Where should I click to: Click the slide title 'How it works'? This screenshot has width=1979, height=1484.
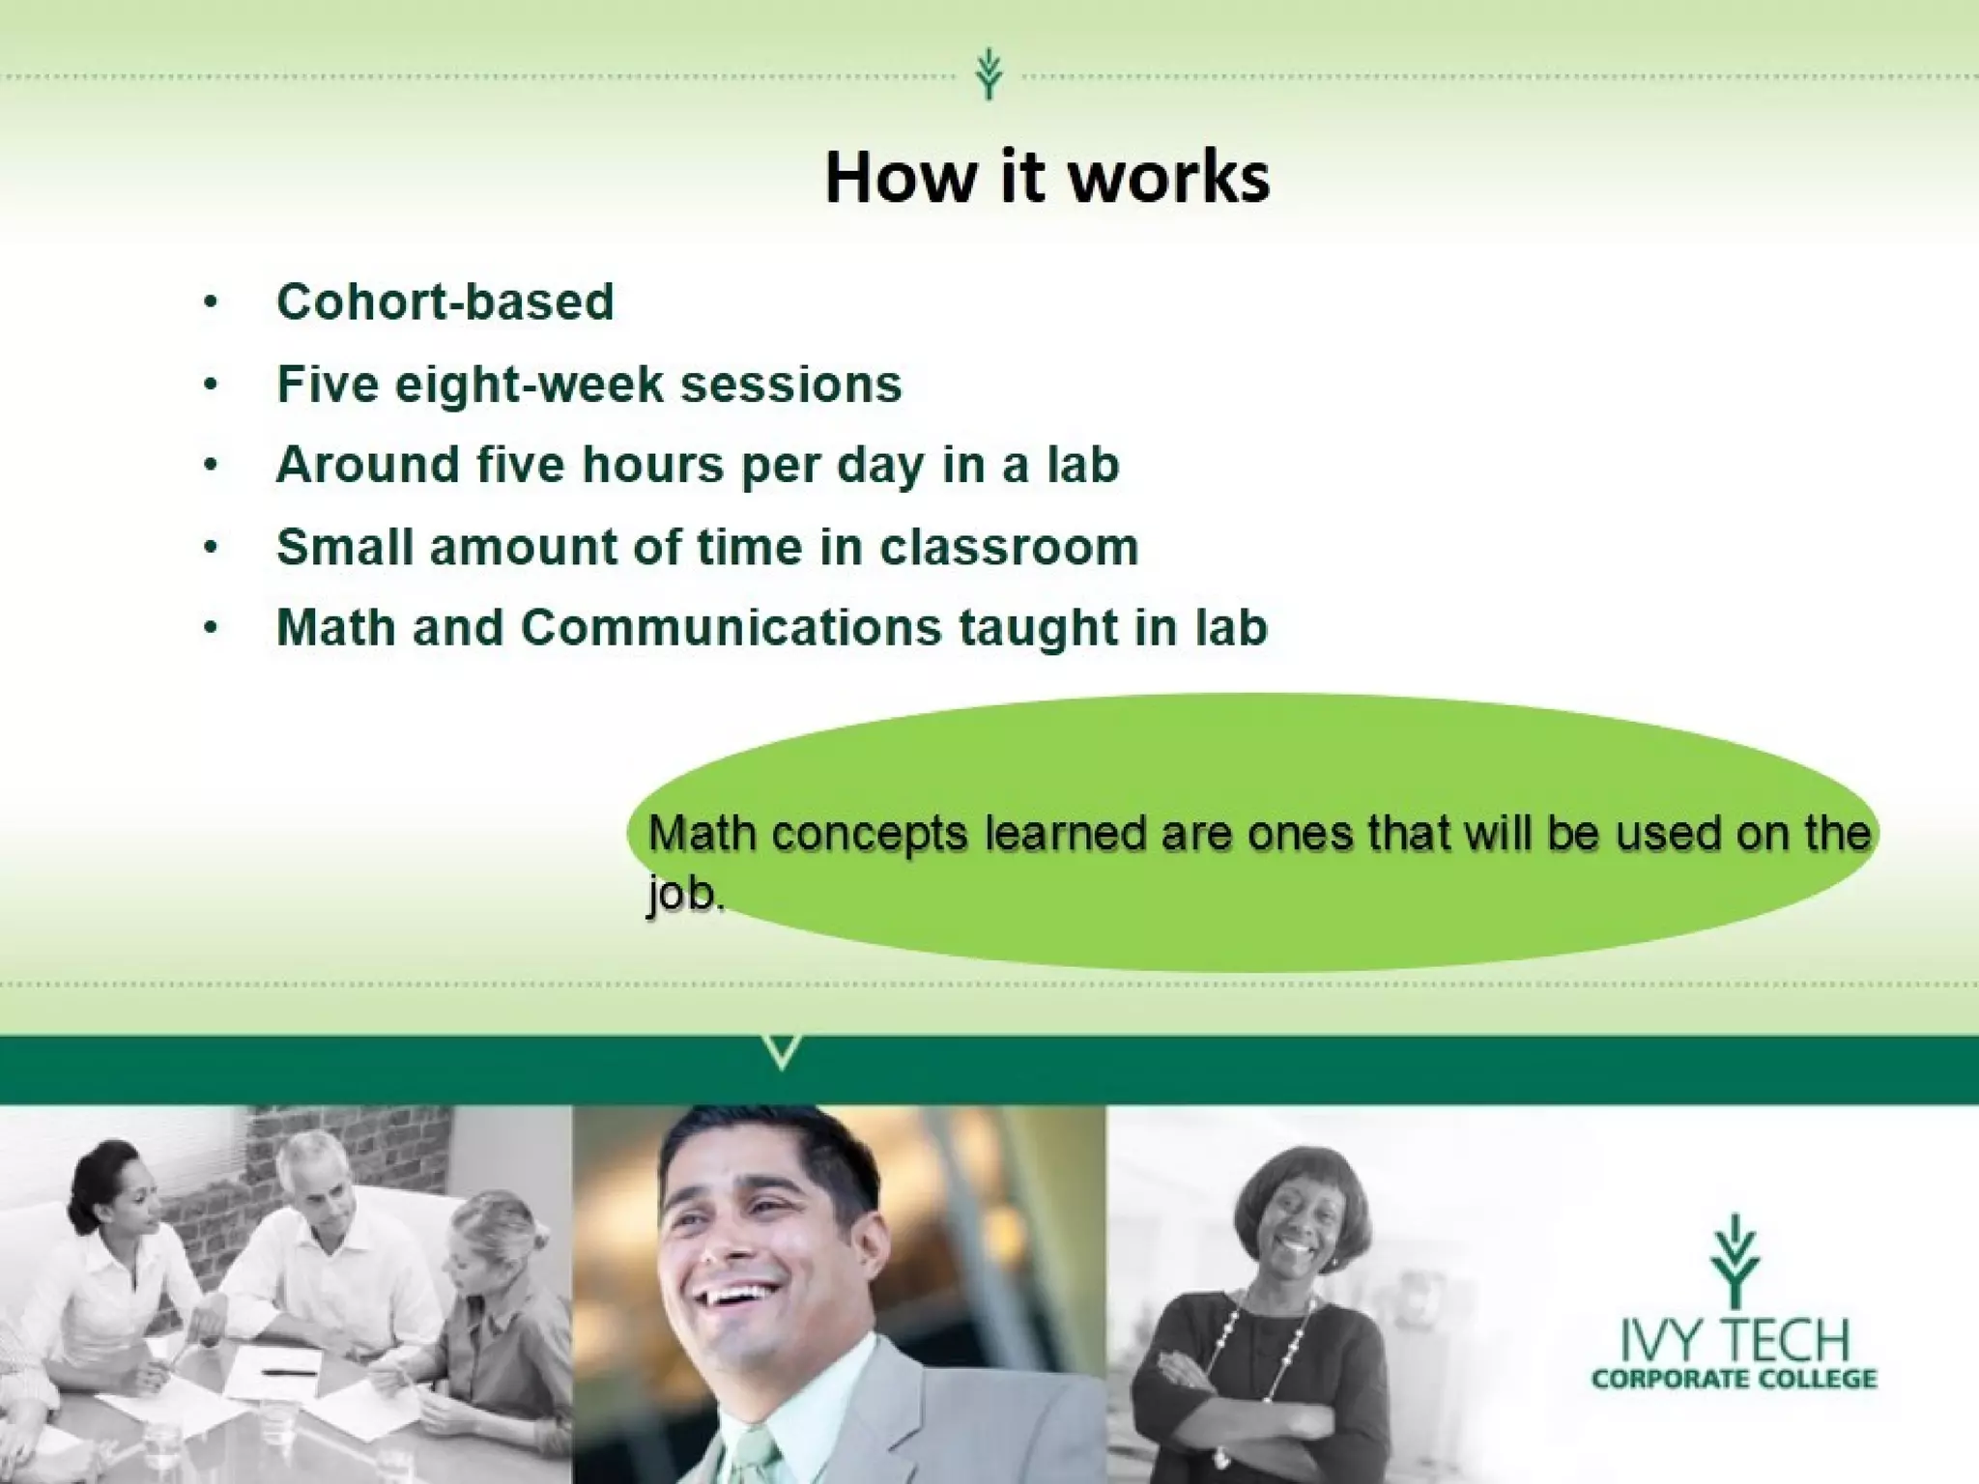(1047, 178)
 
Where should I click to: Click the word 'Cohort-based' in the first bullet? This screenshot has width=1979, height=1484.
(445, 301)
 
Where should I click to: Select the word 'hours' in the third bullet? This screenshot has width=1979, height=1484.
(652, 465)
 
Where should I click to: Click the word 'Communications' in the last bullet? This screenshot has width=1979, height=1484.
(731, 627)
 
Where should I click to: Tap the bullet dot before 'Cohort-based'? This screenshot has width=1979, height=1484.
(211, 302)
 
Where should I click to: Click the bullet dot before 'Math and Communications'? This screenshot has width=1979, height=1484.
(211, 628)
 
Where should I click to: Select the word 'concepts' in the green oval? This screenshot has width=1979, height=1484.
(870, 833)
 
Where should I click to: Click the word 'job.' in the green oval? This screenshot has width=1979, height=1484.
(684, 893)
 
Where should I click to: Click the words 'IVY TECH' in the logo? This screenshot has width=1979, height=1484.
(1735, 1340)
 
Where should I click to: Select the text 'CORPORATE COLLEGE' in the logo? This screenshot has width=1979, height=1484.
(1735, 1379)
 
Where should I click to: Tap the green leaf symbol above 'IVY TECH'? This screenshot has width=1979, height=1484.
(1735, 1261)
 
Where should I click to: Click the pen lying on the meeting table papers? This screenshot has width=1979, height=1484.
(289, 1371)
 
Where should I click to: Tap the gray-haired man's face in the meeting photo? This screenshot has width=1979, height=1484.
(324, 1187)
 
